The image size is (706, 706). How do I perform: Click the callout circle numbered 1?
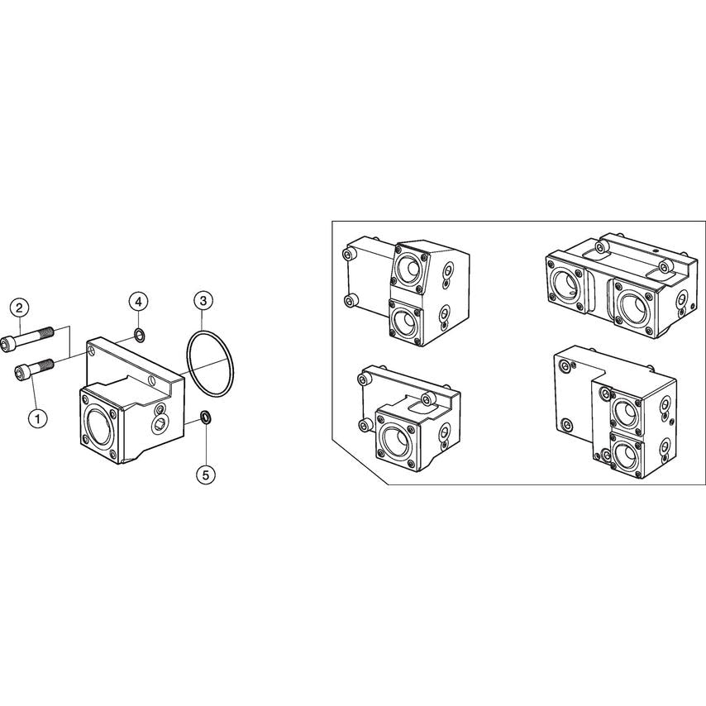[36, 418]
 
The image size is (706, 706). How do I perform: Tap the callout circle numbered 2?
[20, 308]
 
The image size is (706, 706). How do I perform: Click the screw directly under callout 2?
[32, 337]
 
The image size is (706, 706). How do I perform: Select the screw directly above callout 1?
[34, 368]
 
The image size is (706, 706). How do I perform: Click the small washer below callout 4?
[140, 336]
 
